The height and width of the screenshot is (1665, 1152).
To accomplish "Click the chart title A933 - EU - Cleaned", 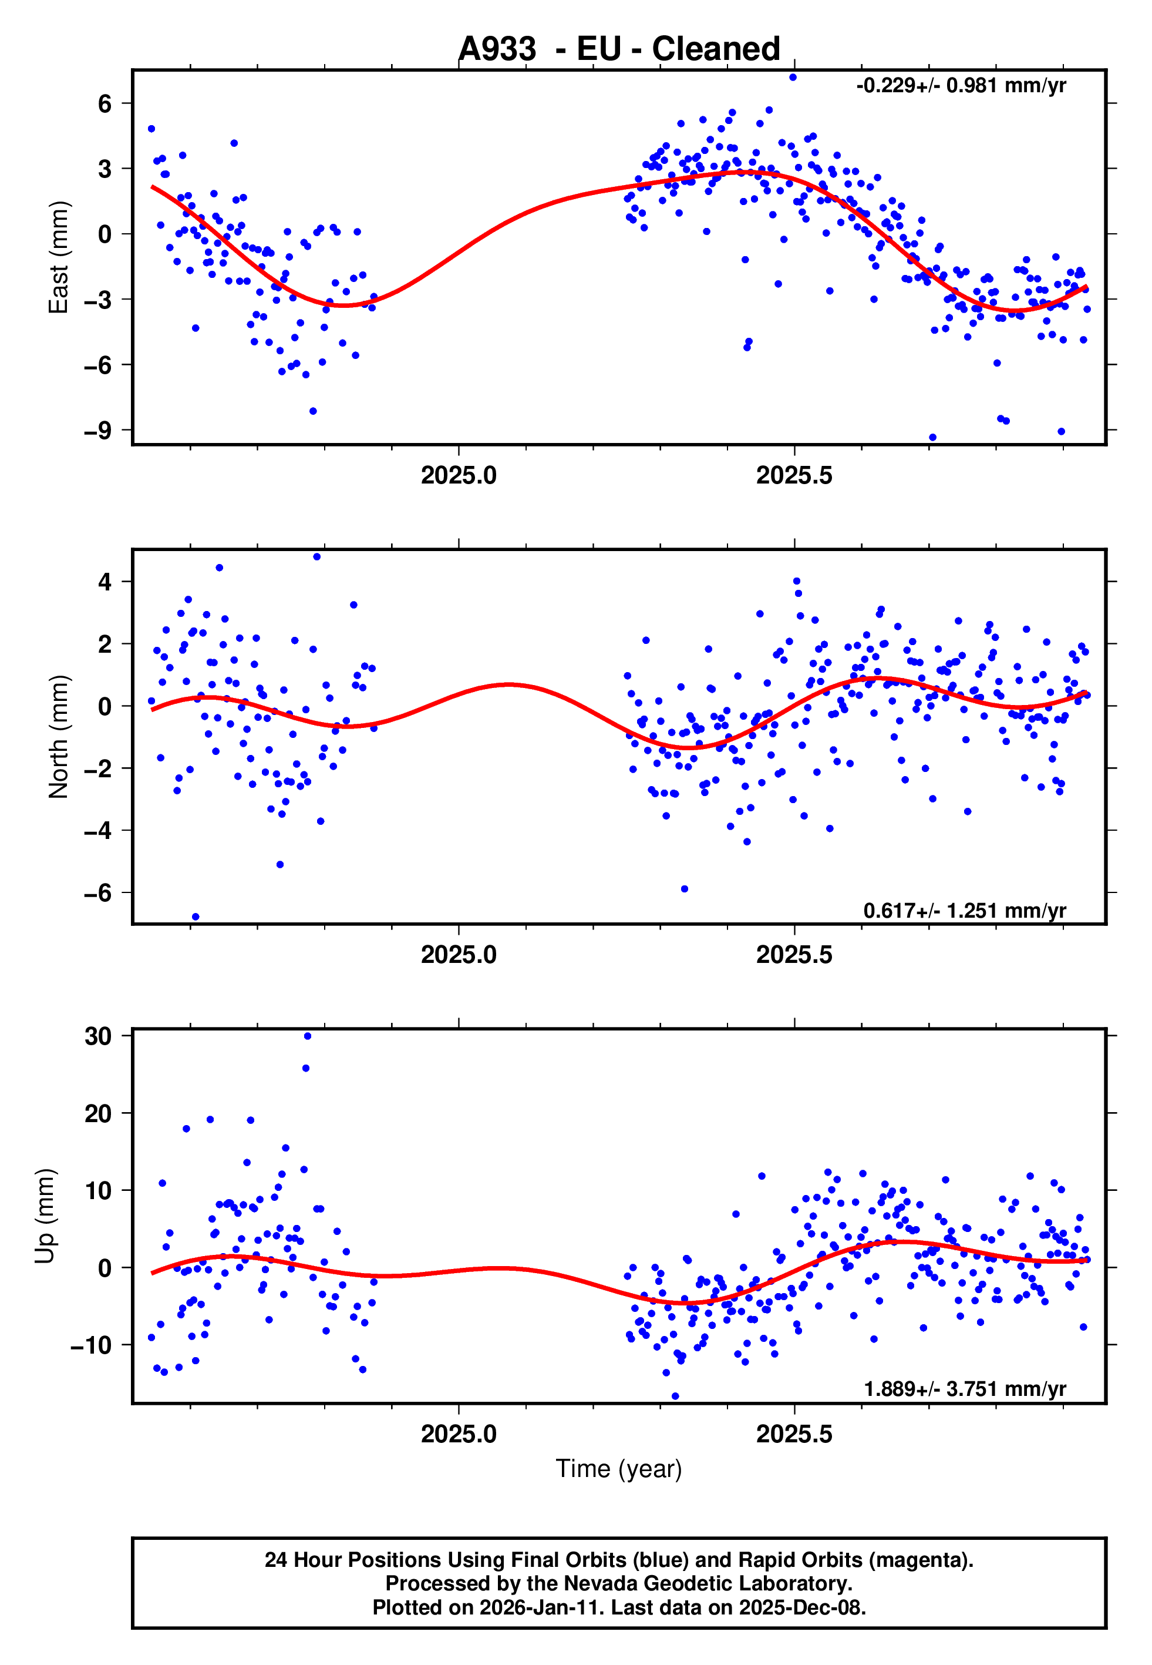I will click(x=619, y=49).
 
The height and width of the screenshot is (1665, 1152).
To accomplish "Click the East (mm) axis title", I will click(x=58, y=257).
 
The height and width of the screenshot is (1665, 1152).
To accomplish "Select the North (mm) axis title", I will click(x=58, y=737).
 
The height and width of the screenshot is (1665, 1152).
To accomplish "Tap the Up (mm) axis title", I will click(x=45, y=1216).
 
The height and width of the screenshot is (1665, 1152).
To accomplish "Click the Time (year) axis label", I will click(x=619, y=1469).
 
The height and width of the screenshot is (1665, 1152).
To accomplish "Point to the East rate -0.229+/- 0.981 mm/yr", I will click(x=961, y=86).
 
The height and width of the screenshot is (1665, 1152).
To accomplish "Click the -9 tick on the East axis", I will click(x=98, y=431).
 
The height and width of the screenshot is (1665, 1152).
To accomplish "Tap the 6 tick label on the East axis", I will click(x=105, y=104).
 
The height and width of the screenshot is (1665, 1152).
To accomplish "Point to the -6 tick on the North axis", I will click(x=98, y=893).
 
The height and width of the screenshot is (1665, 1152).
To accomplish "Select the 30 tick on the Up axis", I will click(x=98, y=1036).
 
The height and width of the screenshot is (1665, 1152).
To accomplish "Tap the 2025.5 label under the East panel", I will click(x=794, y=476).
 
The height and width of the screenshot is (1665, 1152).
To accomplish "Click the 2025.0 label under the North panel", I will click(x=459, y=955).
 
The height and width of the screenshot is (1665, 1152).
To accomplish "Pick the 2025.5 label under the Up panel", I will click(x=794, y=1434).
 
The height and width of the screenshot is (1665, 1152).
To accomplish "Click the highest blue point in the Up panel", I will click(x=308, y=1036).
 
